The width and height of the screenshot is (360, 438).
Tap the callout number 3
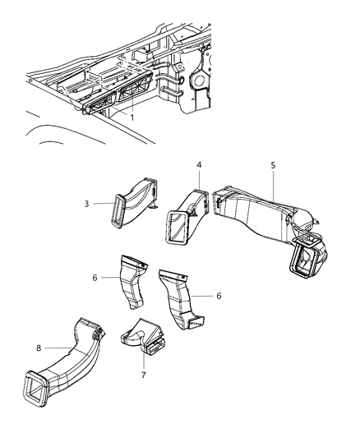(108, 205)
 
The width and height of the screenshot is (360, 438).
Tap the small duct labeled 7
(141, 337)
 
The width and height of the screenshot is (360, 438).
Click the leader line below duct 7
(145, 361)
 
